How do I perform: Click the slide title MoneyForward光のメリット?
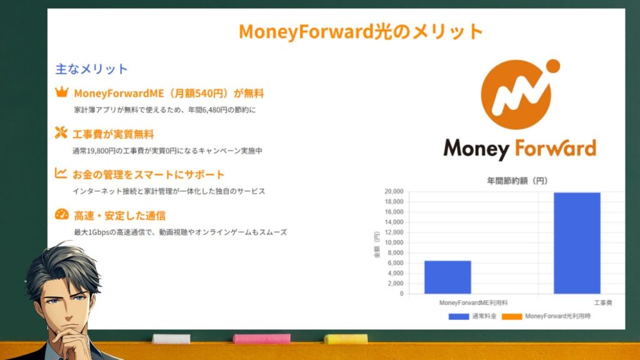[361, 32]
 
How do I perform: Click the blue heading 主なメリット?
[91, 69]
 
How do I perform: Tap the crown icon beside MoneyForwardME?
[62, 92]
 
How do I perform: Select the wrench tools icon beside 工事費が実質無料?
[61, 132]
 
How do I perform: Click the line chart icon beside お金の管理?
[61, 173]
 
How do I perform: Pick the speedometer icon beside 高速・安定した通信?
[62, 214]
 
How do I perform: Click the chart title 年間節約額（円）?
[517, 181]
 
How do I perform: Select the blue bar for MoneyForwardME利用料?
[447, 277]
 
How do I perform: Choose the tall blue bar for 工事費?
[577, 243]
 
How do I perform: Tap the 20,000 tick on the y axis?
[394, 191]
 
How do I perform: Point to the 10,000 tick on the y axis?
[394, 242]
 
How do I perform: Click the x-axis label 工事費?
[602, 303]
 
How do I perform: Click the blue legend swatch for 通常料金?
[459, 316]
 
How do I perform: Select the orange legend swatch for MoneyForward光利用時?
[512, 316]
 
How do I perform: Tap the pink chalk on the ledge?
[262, 339]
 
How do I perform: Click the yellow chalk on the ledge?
[346, 339]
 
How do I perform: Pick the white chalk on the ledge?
[171, 339]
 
